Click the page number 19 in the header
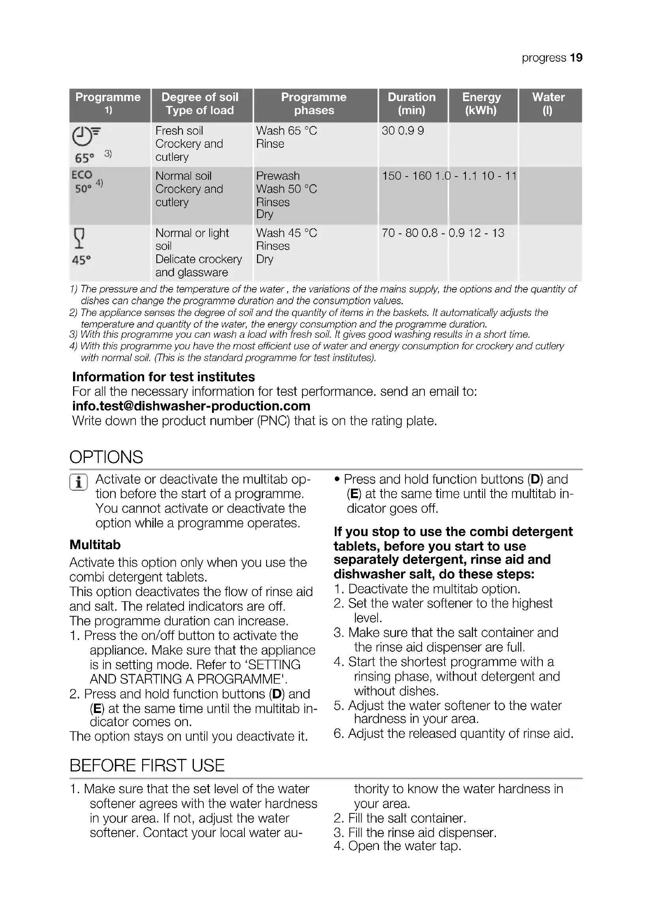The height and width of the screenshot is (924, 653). click(x=576, y=58)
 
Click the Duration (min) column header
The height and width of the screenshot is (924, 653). click(x=411, y=104)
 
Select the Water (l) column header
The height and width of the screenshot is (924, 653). click(x=548, y=104)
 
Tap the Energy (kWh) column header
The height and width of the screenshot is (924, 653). click(x=481, y=104)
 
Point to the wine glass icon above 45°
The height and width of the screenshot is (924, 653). click(x=80, y=238)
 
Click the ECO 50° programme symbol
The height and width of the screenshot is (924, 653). click(x=83, y=181)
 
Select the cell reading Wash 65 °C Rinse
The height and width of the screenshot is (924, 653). click(x=286, y=137)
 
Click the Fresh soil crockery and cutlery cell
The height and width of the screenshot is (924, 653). click(x=189, y=144)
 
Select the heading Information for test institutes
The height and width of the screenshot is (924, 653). click(x=163, y=377)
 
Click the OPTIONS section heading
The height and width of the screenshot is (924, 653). click(x=106, y=457)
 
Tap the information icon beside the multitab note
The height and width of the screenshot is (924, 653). click(x=79, y=482)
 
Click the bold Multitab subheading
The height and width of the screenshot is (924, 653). click(x=95, y=544)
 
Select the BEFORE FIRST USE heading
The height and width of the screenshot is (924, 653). click(x=147, y=765)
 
